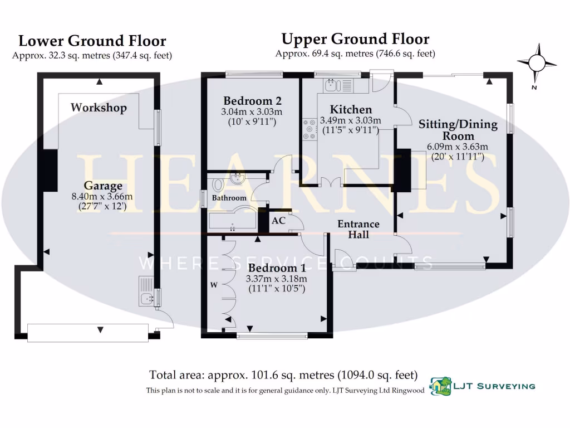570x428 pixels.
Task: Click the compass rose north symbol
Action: point(537,62)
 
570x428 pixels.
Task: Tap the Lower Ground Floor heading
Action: point(92,41)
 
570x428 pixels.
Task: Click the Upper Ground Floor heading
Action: point(355,39)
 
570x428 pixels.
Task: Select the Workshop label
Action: point(99,108)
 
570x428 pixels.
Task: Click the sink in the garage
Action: point(146,298)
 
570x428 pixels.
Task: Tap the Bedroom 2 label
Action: point(252,101)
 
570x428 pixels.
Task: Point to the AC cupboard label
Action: point(278,221)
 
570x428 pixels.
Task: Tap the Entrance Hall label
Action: point(359,229)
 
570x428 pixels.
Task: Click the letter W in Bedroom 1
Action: point(213,285)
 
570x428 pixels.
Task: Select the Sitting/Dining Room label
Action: point(458,129)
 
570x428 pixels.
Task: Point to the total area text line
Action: point(283,375)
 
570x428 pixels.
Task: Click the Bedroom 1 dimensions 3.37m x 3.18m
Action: point(277,279)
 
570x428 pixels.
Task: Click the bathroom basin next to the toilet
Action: point(238,178)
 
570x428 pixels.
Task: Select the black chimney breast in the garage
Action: point(50,170)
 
